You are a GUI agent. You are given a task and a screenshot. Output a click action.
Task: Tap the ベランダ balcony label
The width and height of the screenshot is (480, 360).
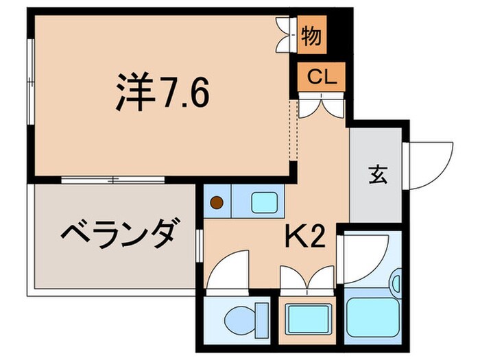tap(123, 237)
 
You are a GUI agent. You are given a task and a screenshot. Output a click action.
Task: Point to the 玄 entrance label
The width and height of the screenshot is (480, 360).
tap(379, 176)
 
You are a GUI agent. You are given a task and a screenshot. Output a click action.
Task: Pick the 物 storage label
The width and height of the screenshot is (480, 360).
tap(311, 34)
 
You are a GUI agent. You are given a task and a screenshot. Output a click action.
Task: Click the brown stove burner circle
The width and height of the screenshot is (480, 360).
tap(217, 202)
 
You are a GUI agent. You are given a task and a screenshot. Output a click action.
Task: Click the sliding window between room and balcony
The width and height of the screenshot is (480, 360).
tap(113, 180)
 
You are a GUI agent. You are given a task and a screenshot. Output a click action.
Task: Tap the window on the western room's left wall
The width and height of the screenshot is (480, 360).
tap(29, 82)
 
